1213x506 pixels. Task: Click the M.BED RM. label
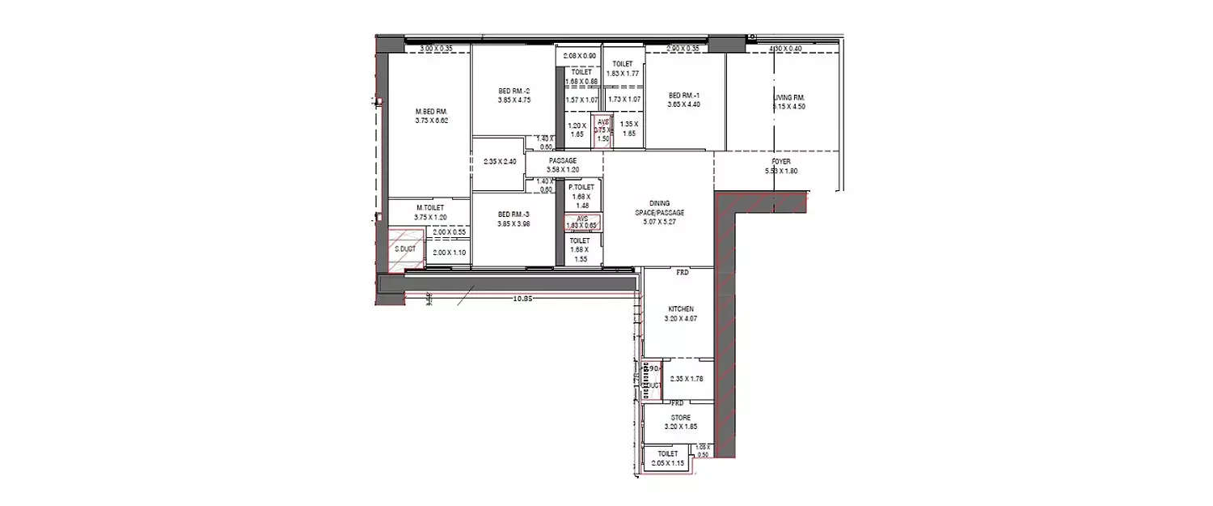tap(431, 111)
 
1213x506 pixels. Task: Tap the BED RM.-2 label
tap(514, 91)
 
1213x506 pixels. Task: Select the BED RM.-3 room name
tap(514, 215)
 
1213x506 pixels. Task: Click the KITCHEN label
tap(680, 309)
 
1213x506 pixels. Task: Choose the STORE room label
tap(680, 418)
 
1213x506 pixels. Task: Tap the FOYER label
tap(780, 162)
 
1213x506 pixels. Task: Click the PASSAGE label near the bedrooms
tap(562, 161)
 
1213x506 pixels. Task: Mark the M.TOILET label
tap(429, 207)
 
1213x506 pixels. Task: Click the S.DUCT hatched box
tap(405, 248)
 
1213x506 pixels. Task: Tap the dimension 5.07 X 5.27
tap(659, 222)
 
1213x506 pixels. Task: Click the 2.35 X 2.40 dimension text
tap(498, 162)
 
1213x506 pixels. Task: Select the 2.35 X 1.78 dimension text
tap(687, 378)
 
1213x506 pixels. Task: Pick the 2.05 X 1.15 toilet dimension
tap(667, 464)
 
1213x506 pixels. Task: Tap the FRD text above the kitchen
tap(682, 273)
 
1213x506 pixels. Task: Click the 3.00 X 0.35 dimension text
tap(437, 49)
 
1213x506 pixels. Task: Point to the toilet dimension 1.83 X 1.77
tap(623, 74)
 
